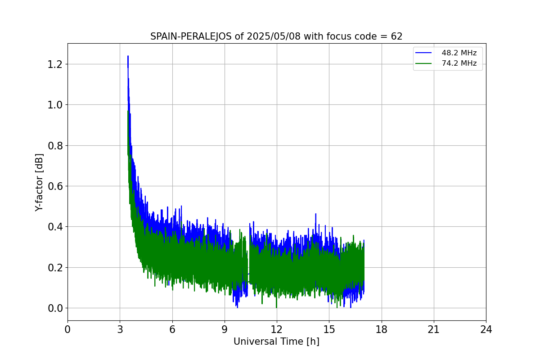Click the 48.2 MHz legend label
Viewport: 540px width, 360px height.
(459, 53)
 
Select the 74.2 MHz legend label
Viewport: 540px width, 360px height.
(459, 63)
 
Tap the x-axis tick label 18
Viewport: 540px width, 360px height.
(382, 330)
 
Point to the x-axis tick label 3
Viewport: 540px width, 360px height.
(120, 330)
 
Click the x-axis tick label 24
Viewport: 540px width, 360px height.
(486, 330)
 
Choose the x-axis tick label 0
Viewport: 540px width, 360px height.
(67, 330)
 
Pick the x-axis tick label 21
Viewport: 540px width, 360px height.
(434, 330)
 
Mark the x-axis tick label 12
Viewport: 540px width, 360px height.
(277, 330)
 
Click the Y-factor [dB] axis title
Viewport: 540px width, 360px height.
(40, 182)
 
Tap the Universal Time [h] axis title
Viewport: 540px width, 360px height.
(276, 342)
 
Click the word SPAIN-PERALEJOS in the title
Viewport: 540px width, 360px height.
(191, 36)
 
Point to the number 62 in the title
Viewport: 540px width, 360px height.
(396, 36)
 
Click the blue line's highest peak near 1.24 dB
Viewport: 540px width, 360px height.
(128, 56)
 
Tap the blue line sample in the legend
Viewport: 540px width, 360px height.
(423, 53)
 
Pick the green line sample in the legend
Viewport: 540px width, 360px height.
(423, 63)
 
